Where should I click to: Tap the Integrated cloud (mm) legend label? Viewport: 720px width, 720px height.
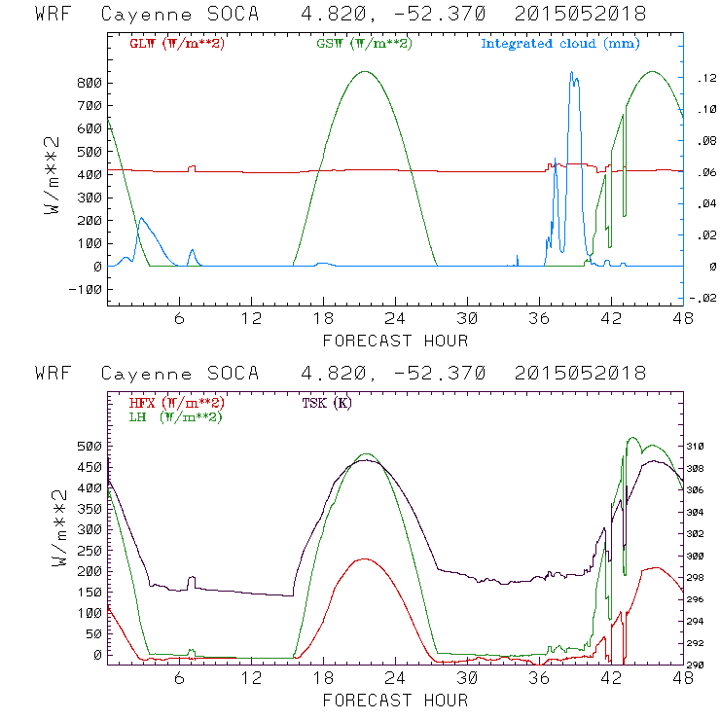[559, 44]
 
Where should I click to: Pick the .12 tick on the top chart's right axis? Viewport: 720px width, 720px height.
[702, 79]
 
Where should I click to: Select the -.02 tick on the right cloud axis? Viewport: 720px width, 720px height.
[702, 298]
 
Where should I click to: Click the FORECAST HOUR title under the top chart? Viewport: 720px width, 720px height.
[395, 341]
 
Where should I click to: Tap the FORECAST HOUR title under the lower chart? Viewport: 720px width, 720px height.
[395, 701]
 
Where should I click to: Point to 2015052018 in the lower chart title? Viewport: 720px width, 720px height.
[582, 374]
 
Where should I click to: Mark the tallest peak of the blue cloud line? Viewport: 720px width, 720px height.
[573, 74]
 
